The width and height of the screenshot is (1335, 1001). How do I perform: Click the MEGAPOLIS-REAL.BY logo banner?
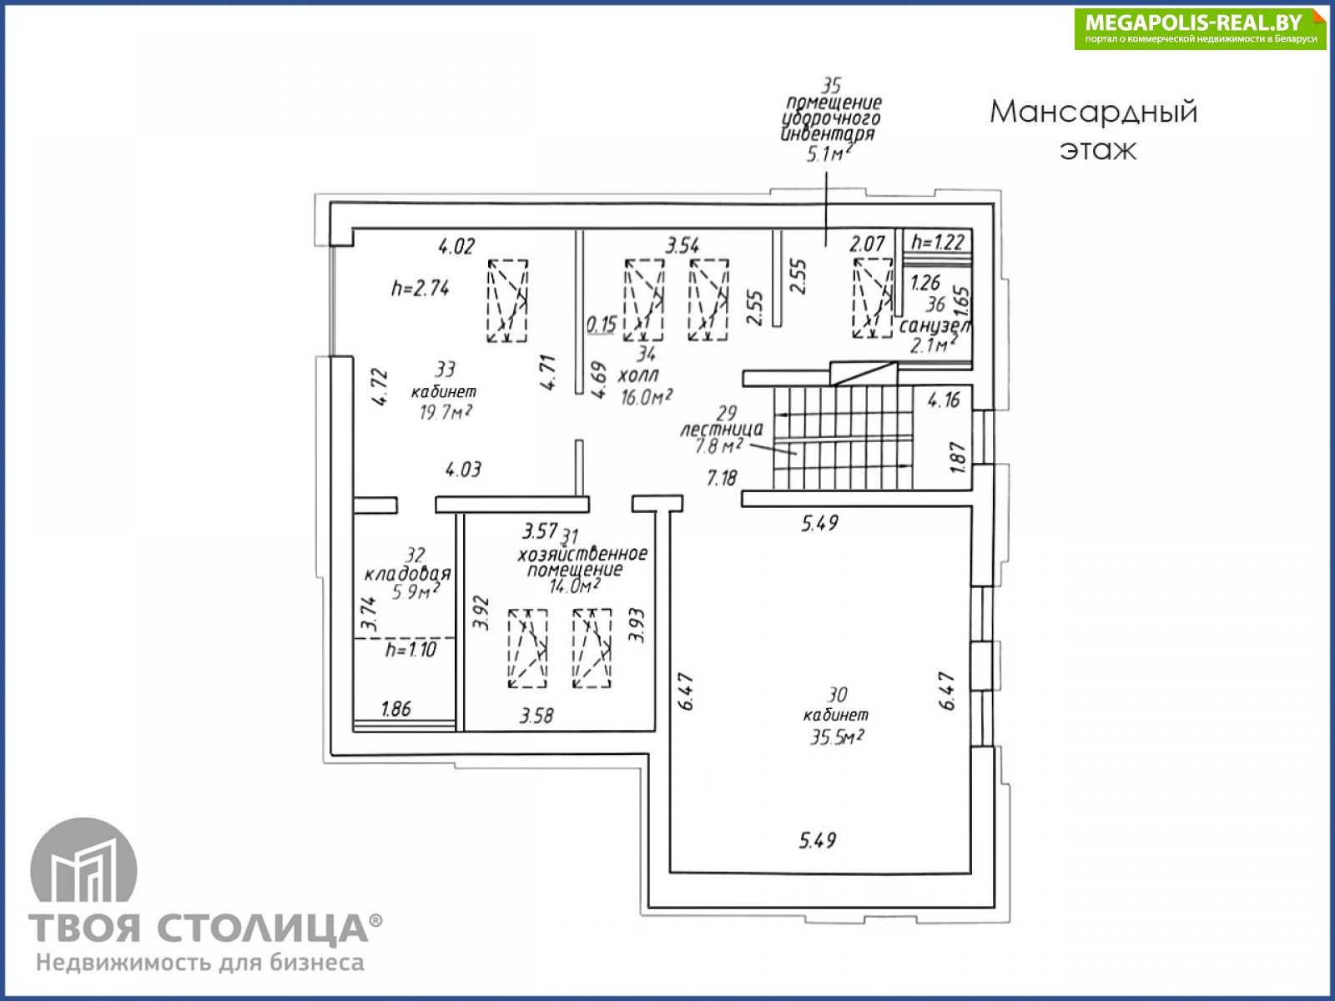[1200, 28]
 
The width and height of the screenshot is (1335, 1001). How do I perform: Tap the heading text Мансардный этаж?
[1094, 129]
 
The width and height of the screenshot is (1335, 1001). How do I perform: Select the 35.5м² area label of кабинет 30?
[836, 737]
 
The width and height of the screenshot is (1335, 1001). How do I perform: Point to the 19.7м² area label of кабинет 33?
[442, 411]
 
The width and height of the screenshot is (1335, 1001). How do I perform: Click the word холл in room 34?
[637, 376]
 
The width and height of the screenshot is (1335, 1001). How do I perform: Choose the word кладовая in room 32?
[407, 574]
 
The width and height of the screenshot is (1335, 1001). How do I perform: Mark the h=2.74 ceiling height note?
[421, 289]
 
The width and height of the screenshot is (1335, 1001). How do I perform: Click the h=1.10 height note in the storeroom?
[411, 650]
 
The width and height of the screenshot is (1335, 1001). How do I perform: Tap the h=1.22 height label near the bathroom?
[938, 243]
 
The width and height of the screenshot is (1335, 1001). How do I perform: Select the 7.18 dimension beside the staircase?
[722, 478]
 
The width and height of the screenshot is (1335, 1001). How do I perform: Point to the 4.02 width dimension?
[456, 246]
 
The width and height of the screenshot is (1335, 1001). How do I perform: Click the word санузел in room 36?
[934, 325]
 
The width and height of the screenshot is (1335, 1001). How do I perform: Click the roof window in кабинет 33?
[507, 300]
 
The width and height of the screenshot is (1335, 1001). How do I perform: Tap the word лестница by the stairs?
[721, 430]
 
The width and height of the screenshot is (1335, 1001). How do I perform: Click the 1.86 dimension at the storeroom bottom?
[395, 709]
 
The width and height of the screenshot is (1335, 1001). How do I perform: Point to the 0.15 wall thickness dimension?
[601, 324]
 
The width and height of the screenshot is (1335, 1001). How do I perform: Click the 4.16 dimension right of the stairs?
[944, 400]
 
